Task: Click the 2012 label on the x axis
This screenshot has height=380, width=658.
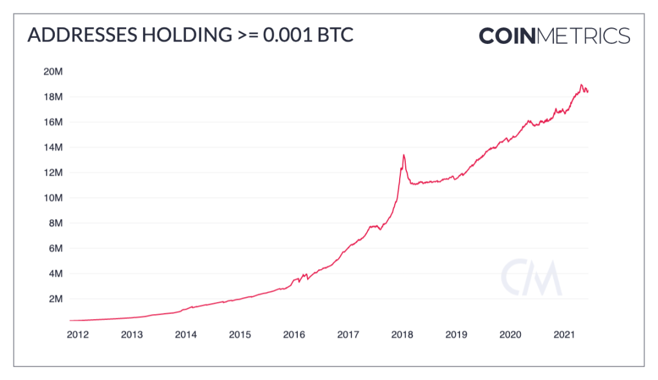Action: tap(78, 335)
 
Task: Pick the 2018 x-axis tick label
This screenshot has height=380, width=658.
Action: tap(402, 335)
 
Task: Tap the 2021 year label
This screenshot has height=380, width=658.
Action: tap(564, 335)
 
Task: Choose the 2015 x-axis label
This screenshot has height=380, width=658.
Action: tap(240, 335)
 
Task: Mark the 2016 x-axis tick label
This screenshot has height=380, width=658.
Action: tap(294, 335)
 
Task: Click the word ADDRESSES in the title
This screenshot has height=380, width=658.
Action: tap(80, 35)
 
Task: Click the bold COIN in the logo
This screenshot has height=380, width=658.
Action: tap(506, 35)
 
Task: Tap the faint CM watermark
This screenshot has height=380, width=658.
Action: tap(531, 278)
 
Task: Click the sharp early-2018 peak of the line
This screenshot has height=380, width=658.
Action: tap(403, 155)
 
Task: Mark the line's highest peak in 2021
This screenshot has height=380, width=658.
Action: tap(581, 85)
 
